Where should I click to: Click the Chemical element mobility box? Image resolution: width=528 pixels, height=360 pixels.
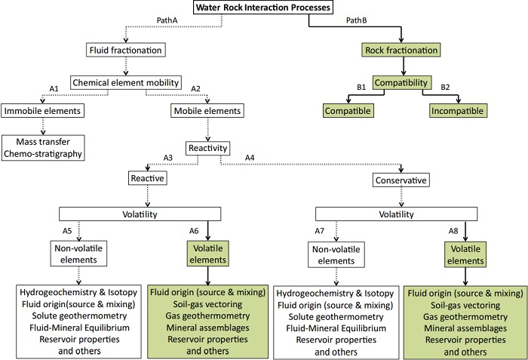click(x=124, y=82)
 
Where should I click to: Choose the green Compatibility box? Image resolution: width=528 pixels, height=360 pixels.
click(x=402, y=82)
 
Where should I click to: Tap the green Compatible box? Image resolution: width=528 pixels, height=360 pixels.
click(x=348, y=111)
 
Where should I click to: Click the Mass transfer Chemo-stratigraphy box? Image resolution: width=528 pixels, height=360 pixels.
click(x=43, y=147)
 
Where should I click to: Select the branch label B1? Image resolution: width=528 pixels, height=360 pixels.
click(x=362, y=88)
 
